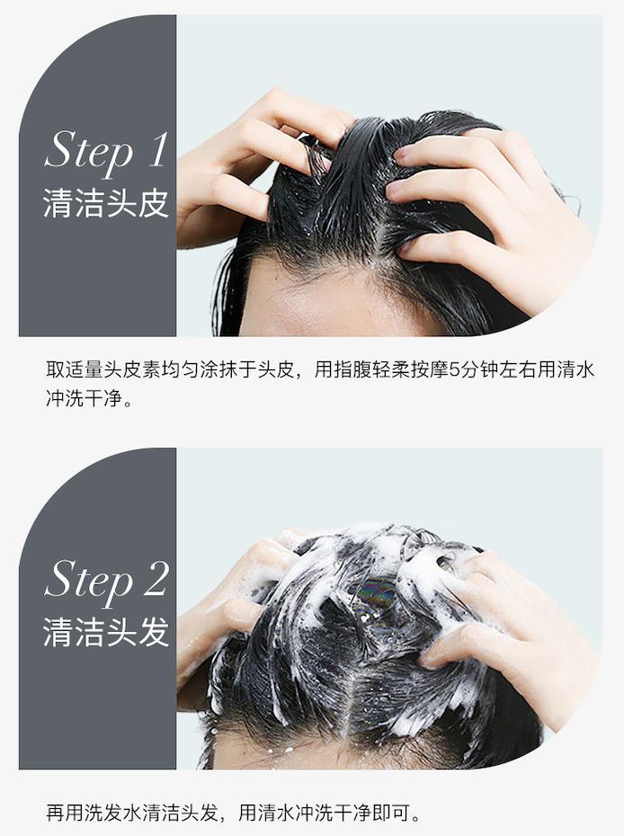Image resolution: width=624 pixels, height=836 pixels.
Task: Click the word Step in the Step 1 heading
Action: click(89, 151)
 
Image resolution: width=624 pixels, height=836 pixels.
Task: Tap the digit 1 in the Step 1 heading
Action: click(157, 148)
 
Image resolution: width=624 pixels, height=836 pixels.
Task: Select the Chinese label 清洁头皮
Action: click(105, 204)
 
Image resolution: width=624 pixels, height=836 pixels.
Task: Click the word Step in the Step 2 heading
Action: click(89, 581)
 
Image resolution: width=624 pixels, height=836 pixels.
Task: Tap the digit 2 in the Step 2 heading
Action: click(156, 578)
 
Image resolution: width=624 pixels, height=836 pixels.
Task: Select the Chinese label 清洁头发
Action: click(105, 632)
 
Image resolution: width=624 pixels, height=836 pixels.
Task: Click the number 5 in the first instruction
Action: click(454, 369)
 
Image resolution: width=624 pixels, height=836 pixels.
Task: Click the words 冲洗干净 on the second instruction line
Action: click(85, 398)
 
